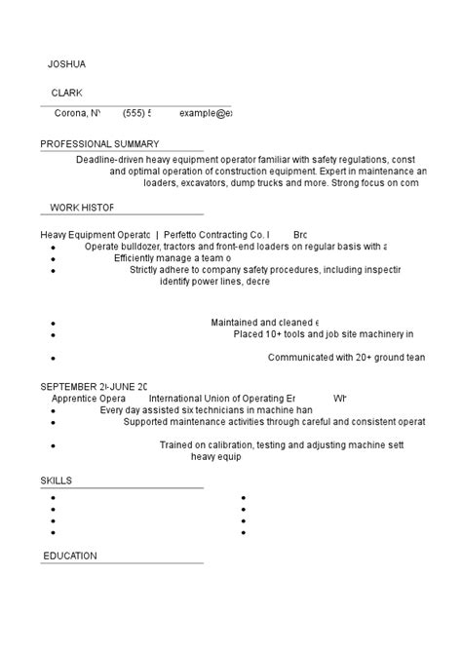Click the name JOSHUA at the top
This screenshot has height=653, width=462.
tap(67, 64)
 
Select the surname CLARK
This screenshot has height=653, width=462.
tap(67, 93)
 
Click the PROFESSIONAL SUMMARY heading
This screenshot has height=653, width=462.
tap(99, 144)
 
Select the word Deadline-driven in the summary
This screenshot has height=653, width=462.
tap(110, 159)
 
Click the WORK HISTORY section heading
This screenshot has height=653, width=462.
tap(82, 208)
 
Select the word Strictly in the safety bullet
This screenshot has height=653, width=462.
tap(148, 270)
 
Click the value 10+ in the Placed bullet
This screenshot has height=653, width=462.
tap(275, 333)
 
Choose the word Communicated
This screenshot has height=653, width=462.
tap(300, 358)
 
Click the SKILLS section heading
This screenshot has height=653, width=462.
tap(56, 480)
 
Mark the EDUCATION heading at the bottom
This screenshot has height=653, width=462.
tap(69, 556)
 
